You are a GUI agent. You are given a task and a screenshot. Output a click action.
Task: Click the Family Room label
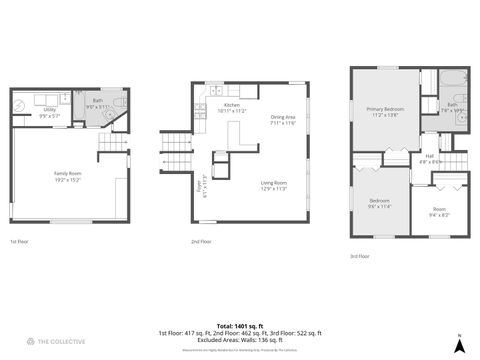click(68, 176)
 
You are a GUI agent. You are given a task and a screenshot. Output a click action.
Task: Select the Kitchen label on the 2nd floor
click(231, 107)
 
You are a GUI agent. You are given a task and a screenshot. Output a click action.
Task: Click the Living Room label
click(274, 186)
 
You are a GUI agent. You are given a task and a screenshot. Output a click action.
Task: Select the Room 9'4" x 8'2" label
click(439, 211)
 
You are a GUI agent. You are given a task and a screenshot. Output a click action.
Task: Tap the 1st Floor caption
click(19, 242)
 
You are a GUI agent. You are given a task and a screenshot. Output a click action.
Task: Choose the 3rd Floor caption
click(359, 256)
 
